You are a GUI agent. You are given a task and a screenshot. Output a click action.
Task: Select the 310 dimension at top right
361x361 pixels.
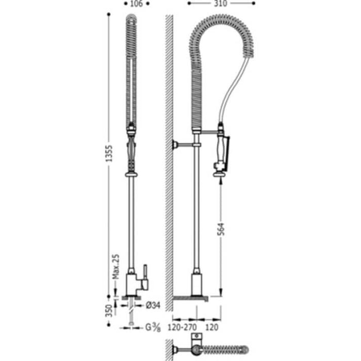(x=221, y=4)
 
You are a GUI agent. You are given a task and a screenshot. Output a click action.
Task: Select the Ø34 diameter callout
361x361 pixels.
(x=153, y=305)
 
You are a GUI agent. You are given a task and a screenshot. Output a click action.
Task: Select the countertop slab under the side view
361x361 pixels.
(x=191, y=298)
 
